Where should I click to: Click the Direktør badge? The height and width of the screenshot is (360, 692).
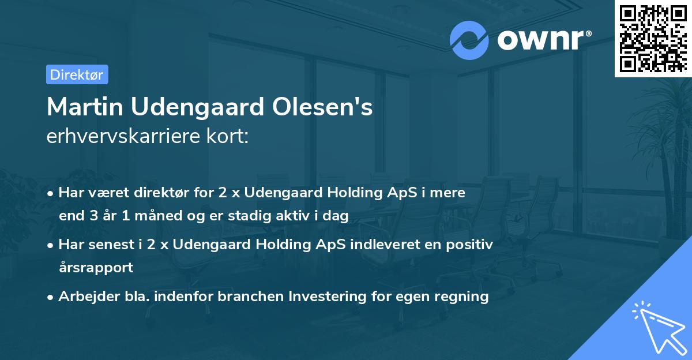coord(77,74)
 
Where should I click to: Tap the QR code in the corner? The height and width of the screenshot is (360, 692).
coord(652,37)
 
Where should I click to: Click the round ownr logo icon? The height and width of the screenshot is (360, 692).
coord(469,39)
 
